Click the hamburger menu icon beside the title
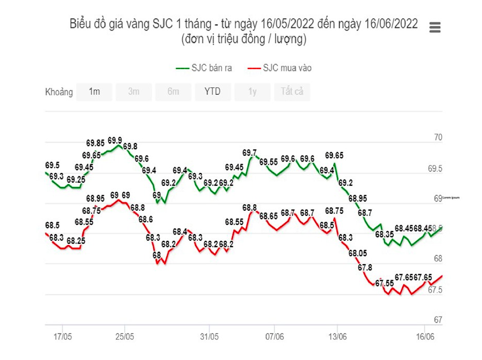(435, 28)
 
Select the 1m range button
(94, 92)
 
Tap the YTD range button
(212, 92)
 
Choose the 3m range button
(134, 92)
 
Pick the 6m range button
(173, 92)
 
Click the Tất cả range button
(292, 92)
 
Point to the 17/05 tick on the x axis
(62, 337)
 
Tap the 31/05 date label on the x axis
(209, 337)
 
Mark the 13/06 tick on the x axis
(337, 337)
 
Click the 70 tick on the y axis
(438, 138)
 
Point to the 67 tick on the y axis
(438, 320)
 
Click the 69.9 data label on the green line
(115, 141)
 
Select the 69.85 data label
(95, 143)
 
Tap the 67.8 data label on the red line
(364, 268)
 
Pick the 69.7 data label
(250, 153)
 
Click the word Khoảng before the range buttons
(59, 92)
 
